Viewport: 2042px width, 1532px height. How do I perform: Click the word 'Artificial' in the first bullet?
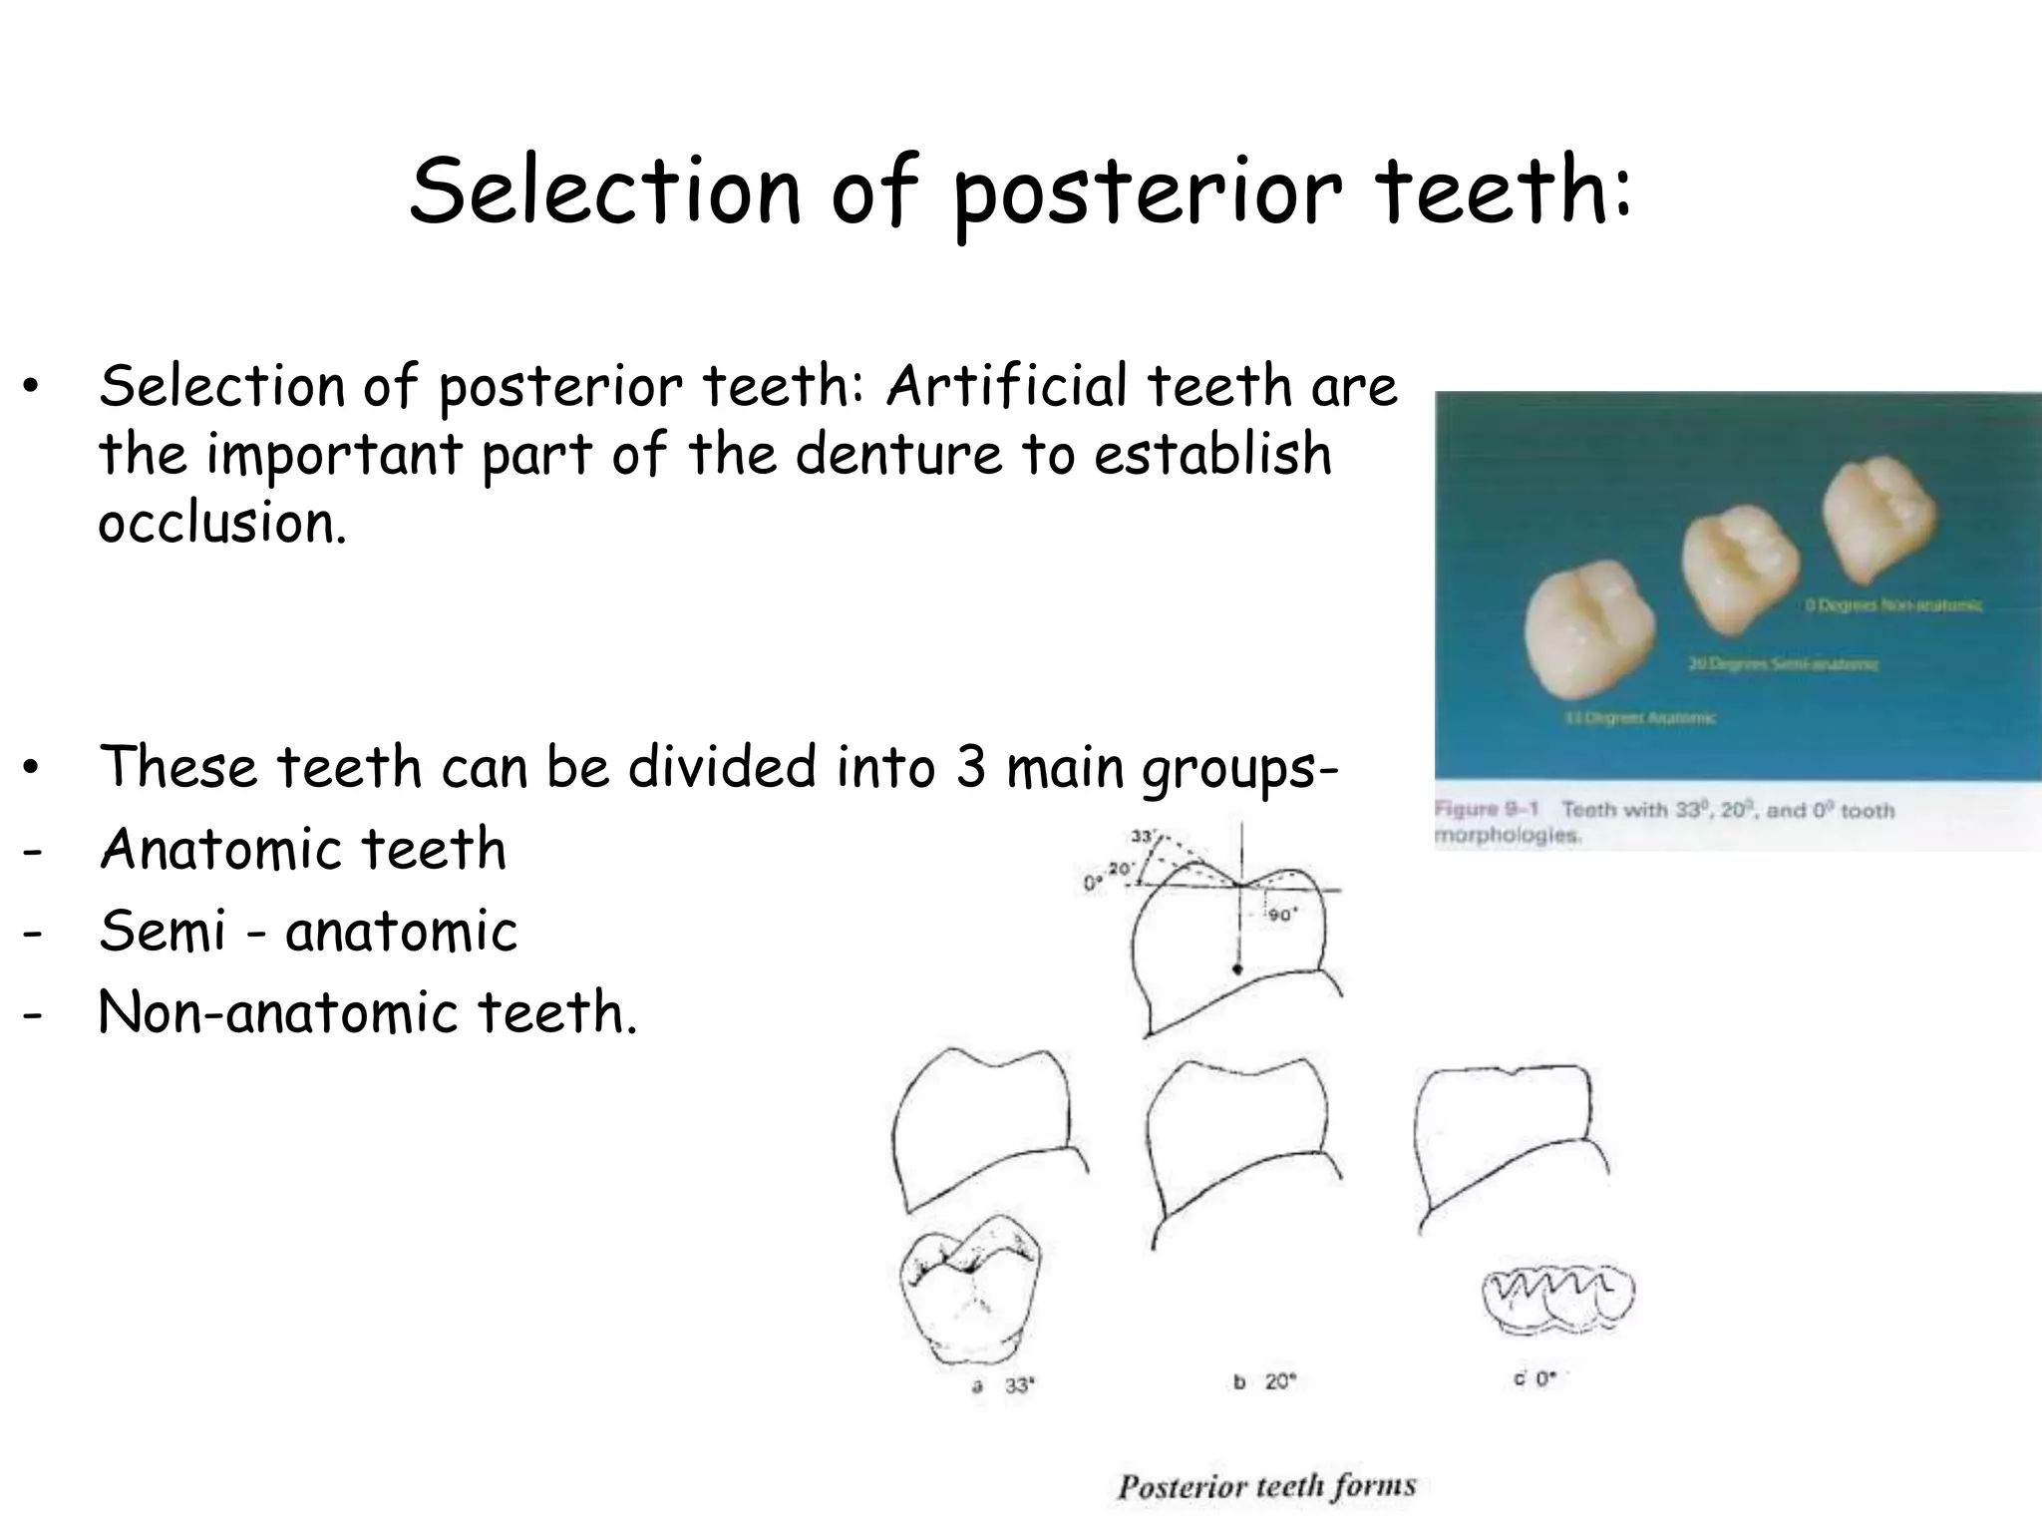tap(1007, 387)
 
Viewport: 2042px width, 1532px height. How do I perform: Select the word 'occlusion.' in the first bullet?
tap(222, 524)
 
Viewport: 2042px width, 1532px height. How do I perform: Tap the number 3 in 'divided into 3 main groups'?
tap(971, 768)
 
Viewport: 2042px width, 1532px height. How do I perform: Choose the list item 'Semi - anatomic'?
tap(308, 932)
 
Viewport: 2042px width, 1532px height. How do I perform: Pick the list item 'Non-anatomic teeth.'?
tap(367, 1013)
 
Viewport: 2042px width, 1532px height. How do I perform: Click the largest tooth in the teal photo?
tap(1588, 635)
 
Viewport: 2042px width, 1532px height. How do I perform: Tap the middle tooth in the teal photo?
tap(1739, 566)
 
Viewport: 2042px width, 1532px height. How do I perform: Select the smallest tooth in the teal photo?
tap(1878, 517)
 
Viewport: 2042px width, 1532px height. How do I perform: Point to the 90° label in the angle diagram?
tap(1281, 916)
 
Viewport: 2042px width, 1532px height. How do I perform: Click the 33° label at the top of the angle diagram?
tap(1143, 837)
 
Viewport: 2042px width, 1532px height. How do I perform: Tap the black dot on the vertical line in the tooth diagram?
tap(1238, 968)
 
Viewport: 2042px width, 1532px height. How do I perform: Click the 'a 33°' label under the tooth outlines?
tap(1004, 1385)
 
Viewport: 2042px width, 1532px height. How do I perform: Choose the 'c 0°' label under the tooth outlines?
tap(1533, 1379)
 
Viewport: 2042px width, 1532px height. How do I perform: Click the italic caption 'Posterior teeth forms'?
tap(1266, 1486)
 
